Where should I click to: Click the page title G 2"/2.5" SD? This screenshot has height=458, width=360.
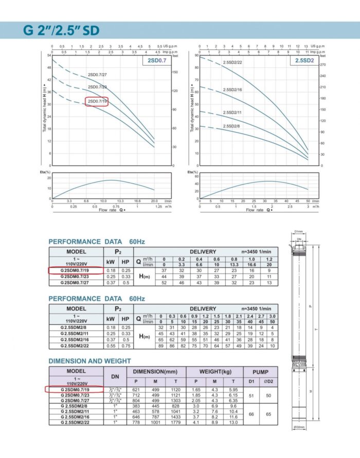pos(61,29)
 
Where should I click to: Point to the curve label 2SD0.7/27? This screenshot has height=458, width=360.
pos(97,75)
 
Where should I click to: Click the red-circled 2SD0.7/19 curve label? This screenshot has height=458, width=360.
pos(97,101)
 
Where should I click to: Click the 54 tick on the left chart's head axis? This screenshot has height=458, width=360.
pos(49,55)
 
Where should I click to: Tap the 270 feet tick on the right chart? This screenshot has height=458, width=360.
pos(323,65)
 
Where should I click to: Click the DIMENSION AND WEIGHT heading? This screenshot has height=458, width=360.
pos(89,361)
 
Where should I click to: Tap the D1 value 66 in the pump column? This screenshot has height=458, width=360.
pos(249,414)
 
